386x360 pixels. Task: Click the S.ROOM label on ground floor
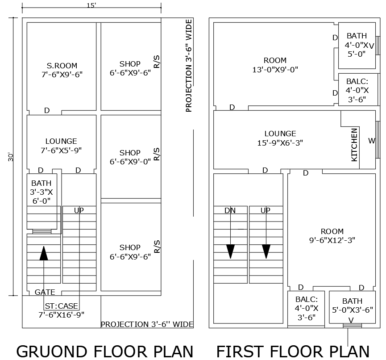(62, 64)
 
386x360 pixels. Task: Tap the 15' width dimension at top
(91, 5)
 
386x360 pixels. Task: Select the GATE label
(45, 292)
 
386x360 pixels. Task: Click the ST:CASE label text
(61, 306)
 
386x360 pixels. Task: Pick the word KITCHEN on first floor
(354, 145)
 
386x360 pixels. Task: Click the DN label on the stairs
(230, 210)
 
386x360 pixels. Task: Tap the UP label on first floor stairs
(266, 210)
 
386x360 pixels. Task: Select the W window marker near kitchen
(372, 141)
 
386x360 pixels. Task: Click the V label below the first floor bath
(351, 320)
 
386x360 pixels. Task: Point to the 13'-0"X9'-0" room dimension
(275, 69)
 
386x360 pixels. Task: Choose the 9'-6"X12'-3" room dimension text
(332, 240)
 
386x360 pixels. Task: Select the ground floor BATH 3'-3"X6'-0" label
(41, 192)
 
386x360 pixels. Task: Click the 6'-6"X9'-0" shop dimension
(130, 162)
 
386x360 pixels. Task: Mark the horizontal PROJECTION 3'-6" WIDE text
(147, 324)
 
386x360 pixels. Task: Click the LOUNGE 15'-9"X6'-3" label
(280, 138)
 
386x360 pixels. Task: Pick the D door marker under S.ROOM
(47, 110)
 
